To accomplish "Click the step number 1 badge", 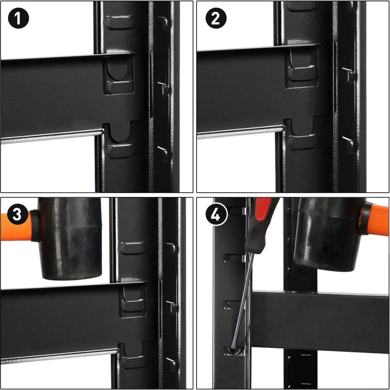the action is pos(19,18).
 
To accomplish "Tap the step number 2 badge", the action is pos(216,18).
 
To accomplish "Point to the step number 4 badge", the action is pos(215,214).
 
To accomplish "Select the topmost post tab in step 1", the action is pos(119,23).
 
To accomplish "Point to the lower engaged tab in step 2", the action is pos(302,142).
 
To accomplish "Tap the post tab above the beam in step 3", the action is pos(133,248).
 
